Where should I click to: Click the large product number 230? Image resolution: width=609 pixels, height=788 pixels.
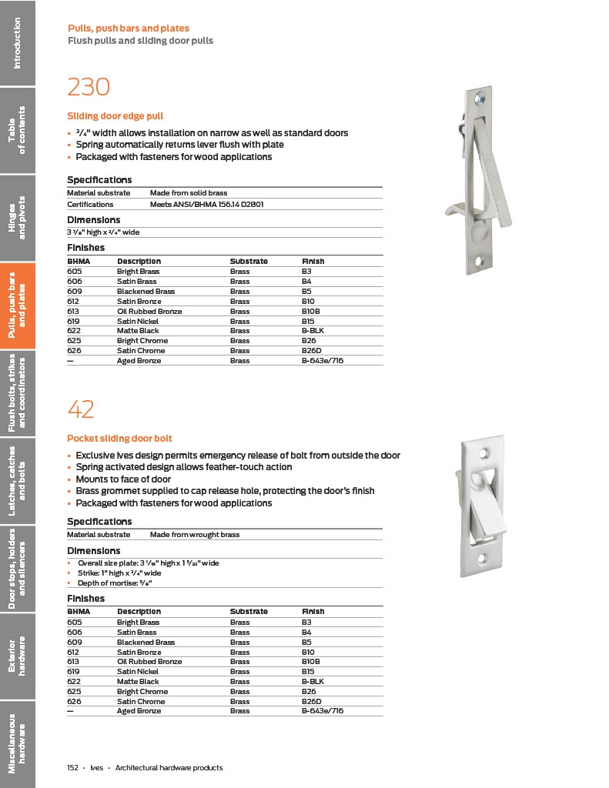coord(89,87)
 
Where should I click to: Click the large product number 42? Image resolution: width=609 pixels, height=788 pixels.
coord(82,409)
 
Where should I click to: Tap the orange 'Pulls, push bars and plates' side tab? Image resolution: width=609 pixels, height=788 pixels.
coord(18,306)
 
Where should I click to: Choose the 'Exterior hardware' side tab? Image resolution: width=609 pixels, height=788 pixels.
coord(18,655)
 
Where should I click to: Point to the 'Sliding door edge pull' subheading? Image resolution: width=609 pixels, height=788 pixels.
coord(115,116)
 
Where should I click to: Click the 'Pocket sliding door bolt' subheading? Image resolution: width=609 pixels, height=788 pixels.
coord(119,439)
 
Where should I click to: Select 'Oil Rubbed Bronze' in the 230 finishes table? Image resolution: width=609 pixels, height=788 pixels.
coord(149,311)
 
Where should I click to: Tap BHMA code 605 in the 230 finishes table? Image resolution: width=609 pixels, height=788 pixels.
coord(75,272)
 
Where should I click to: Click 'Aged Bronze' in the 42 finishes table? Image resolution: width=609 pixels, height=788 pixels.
coord(139,711)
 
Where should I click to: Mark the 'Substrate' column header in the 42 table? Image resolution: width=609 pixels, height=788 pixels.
coord(249,612)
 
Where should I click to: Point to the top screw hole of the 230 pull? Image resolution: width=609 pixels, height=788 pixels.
coord(480,98)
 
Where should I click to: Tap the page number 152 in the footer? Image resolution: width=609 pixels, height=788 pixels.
coord(73,768)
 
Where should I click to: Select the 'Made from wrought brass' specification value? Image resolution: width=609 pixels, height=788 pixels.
coord(195,534)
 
